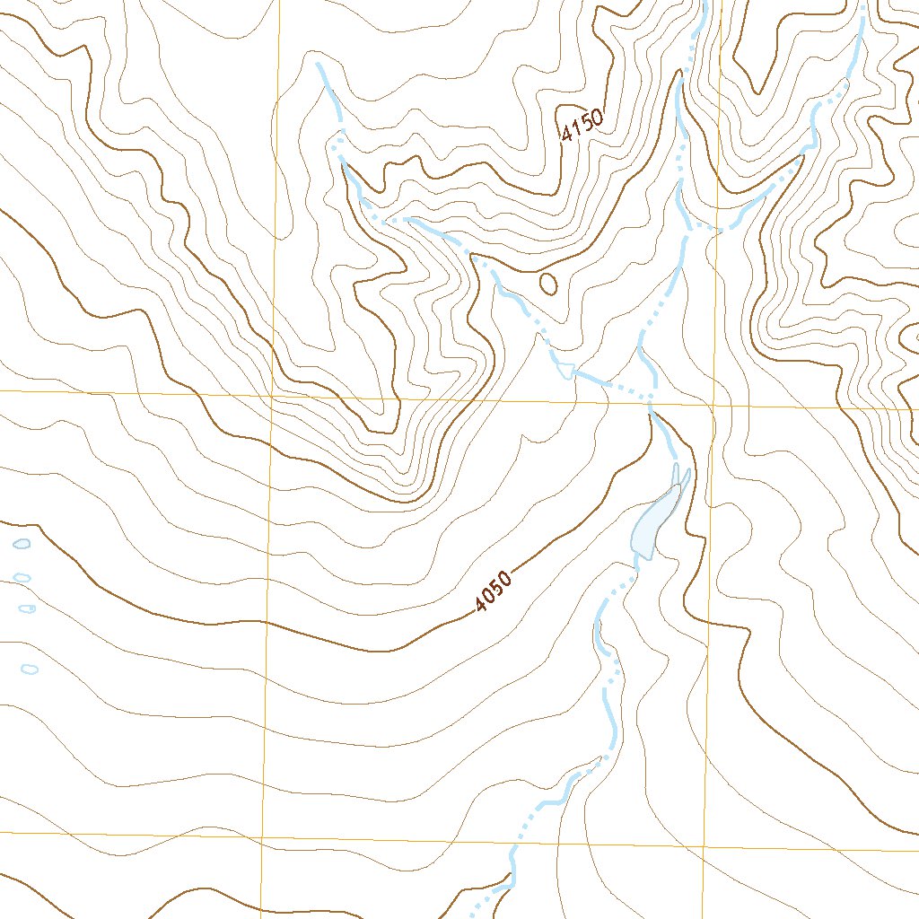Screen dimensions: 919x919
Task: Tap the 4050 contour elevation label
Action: (494, 592)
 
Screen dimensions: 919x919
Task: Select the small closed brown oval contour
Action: (547, 284)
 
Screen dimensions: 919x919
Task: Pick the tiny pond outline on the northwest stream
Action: (565, 369)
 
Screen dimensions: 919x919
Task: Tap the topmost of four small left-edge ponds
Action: (22, 544)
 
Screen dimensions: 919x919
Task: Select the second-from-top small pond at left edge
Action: (22, 577)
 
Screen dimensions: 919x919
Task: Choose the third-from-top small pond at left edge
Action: (28, 608)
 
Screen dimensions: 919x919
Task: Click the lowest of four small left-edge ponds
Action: (30, 668)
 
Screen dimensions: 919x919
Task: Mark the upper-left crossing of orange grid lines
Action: (273, 394)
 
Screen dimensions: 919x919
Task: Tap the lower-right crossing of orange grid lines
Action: (703, 846)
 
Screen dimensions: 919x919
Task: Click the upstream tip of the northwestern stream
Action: (318, 65)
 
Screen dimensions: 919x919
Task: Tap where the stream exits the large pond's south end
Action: (641, 558)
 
